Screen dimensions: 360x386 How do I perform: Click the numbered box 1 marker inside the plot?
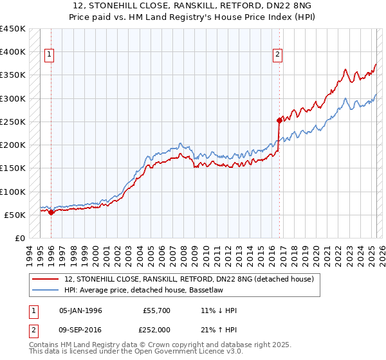pyautogui.click(x=50, y=55)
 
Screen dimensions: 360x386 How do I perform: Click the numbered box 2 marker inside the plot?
pyautogui.click(x=278, y=55)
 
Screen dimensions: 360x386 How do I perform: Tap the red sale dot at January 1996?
pyautogui.click(x=51, y=212)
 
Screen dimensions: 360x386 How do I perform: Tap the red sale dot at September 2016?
pyautogui.click(x=279, y=120)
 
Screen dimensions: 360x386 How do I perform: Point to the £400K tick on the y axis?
pyautogui.click(x=13, y=52)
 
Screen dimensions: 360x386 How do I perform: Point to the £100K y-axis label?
pyautogui.click(x=13, y=192)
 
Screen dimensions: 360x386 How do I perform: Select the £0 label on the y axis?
pyautogui.click(x=19, y=239)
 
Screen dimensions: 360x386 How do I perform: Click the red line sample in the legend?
pyautogui.click(x=46, y=279)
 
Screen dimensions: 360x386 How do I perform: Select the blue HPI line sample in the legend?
pyautogui.click(x=46, y=290)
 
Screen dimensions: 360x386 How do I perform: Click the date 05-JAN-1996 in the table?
pyautogui.click(x=80, y=310)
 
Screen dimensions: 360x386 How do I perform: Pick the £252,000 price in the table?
pyautogui.click(x=156, y=329)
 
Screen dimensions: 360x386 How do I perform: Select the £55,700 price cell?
pyautogui.click(x=156, y=310)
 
